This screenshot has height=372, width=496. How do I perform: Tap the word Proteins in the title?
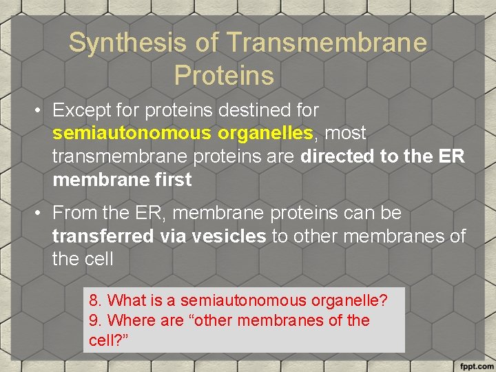(x=224, y=75)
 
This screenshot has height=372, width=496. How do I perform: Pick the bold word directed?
(x=338, y=156)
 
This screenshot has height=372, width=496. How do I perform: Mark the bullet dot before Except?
(x=39, y=111)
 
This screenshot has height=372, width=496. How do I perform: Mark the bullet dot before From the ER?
(x=39, y=214)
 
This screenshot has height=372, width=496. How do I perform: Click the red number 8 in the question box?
(x=94, y=300)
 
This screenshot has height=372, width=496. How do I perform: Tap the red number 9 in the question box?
(x=94, y=320)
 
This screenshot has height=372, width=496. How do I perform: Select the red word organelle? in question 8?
(x=349, y=300)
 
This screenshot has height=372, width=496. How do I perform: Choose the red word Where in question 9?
(x=130, y=320)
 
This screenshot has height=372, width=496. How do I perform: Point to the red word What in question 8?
(x=127, y=300)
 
